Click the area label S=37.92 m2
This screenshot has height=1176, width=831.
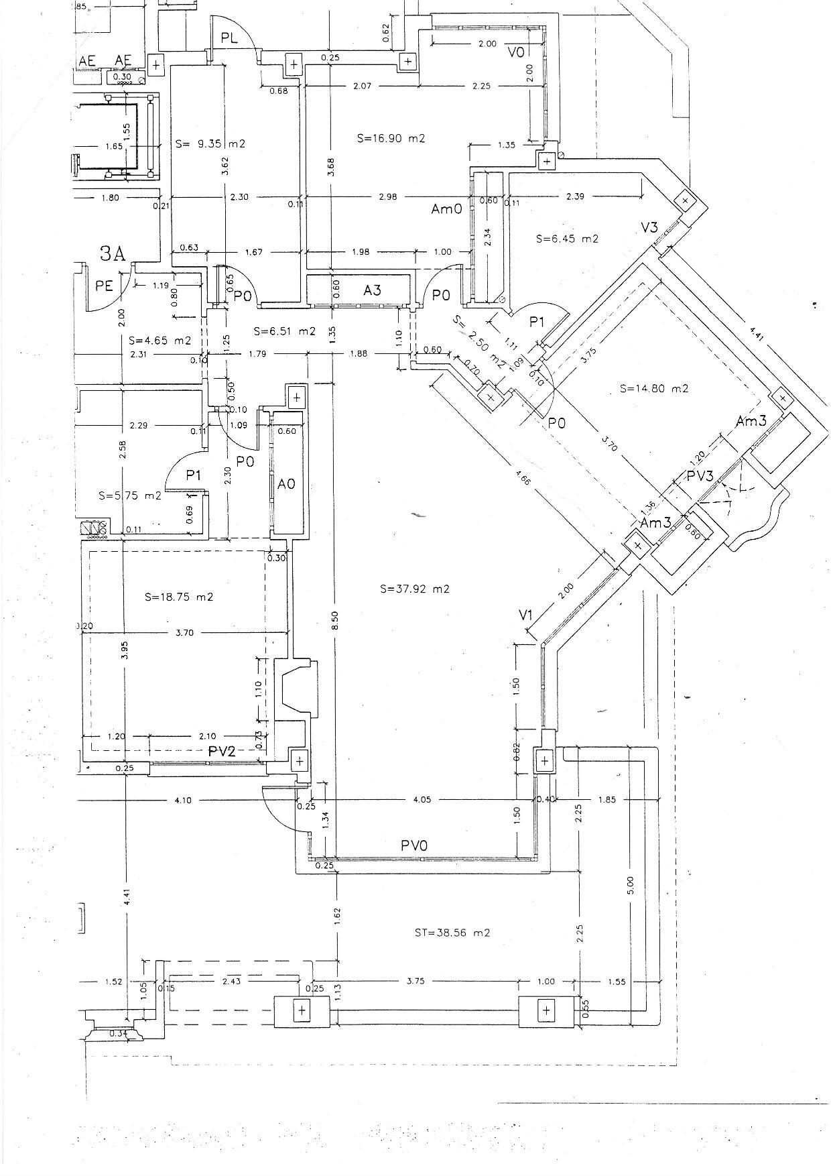414,589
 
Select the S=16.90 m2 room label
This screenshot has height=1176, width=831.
391,139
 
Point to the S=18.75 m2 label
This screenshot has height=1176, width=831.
179,596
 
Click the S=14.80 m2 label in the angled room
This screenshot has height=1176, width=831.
654,388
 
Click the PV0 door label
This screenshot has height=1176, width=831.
414,846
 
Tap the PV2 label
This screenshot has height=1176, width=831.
221,752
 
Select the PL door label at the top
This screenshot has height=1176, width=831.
229,38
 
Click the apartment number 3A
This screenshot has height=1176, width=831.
112,253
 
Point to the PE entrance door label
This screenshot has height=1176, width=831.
104,286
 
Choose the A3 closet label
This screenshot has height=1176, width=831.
372,290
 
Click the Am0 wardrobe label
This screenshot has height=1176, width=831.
446,209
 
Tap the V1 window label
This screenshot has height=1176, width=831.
525,615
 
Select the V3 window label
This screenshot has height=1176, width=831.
649,227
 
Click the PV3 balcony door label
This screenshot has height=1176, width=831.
700,477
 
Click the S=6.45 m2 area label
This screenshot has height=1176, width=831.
567,239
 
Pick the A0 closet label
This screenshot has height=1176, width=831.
286,483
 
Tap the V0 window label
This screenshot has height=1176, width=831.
516,52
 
